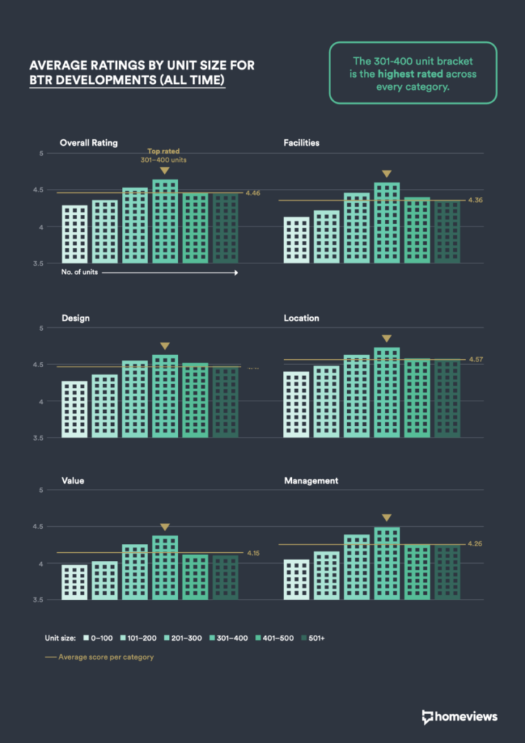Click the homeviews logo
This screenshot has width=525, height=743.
pos(459,716)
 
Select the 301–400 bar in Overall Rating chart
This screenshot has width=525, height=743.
pos(165,221)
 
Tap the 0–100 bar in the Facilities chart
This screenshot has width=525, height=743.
pos(296,239)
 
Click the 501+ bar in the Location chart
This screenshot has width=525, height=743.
pos(447,398)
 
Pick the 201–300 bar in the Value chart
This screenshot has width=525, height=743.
pos(134,572)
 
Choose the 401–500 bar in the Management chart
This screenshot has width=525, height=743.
pos(417,572)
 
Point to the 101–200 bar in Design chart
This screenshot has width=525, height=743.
pos(104,406)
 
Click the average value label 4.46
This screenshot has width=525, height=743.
pos(253,193)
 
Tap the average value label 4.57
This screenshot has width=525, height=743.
pos(476,360)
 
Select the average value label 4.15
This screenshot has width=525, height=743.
pos(253,553)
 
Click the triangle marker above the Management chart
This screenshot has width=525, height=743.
pos(386,518)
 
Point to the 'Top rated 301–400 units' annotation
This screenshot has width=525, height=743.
pos(165,155)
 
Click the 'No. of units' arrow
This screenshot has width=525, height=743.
pos(150,273)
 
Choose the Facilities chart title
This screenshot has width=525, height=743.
pos(301,143)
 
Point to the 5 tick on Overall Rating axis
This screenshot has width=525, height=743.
pos(42,154)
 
